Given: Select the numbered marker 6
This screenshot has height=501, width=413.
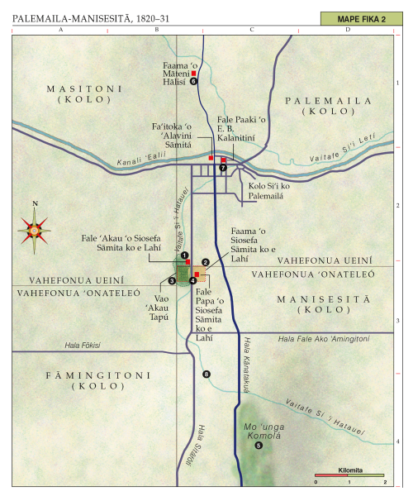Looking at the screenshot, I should pos(193,81).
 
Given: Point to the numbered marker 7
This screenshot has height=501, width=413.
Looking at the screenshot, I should pos(222,168).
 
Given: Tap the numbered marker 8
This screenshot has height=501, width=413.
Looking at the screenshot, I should pos(206,375).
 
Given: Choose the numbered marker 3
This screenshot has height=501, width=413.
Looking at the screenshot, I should pos(172,280).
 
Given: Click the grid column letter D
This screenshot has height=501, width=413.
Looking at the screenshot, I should pos(348,30).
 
